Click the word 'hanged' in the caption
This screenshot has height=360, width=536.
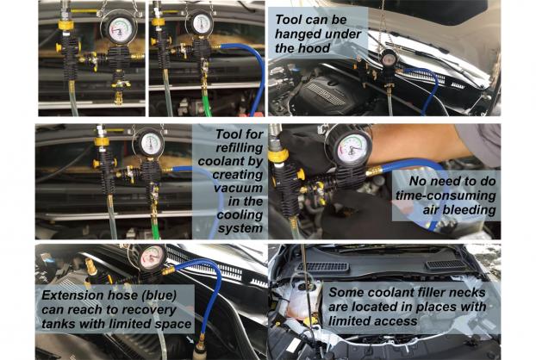pos(296,34)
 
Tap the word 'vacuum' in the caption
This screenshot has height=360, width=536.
pos(238,188)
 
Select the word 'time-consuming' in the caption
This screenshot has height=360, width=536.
pos(446,196)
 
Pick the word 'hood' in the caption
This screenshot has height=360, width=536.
pos(315,48)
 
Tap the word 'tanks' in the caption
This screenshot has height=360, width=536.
pos(59,324)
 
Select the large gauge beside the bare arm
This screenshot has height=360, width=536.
pos(350,149)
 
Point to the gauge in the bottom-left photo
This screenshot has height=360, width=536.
pos(151,257)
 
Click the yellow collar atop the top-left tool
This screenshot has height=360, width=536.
pos(66,25)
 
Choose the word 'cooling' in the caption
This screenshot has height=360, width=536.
pos(240,215)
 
